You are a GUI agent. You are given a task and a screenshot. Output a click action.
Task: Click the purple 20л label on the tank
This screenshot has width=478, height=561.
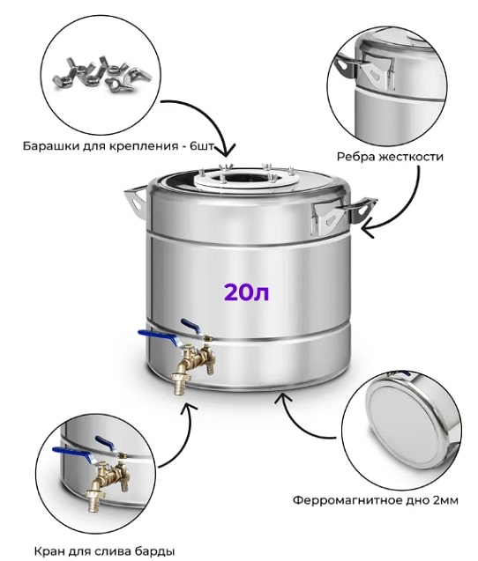(247, 292)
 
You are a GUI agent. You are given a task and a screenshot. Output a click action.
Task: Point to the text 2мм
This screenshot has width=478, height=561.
(445, 500)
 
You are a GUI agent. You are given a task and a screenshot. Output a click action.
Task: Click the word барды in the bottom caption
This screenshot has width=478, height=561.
(157, 550)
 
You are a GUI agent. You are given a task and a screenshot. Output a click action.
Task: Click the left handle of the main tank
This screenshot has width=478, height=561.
(135, 201)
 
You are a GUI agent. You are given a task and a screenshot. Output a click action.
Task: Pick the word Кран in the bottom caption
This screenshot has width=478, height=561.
(49, 550)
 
